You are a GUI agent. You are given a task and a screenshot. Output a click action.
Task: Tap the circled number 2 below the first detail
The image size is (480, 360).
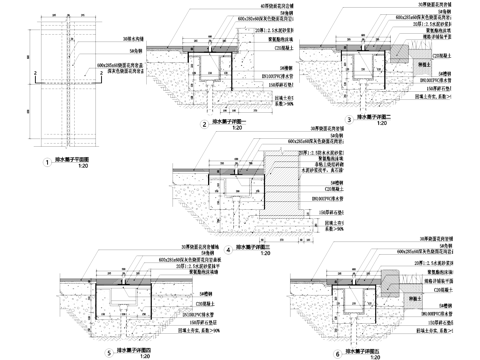pos(204,125)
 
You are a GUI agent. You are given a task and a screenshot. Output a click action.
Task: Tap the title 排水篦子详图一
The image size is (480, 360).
pos(233,122)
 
